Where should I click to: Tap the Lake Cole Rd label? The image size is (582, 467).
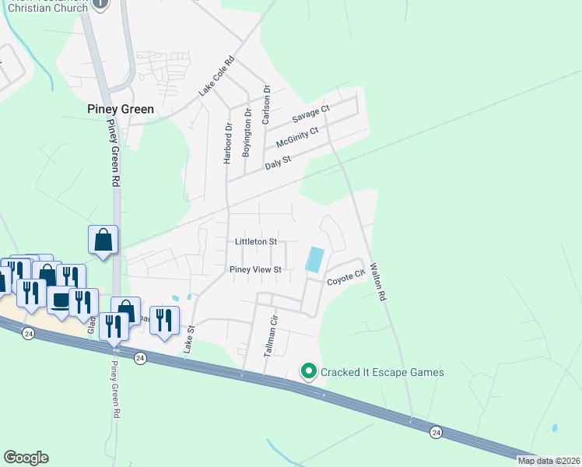pyautogui.click(x=206, y=76)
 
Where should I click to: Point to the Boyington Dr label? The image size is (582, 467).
pyautogui.click(x=247, y=133)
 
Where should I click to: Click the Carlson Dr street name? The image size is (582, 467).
pyautogui.click(x=266, y=105)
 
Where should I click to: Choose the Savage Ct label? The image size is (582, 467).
pyautogui.click(x=311, y=115)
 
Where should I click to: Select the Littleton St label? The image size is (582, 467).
pyautogui.click(x=256, y=242)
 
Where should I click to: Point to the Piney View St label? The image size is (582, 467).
pyautogui.click(x=254, y=269)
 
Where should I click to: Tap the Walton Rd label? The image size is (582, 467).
pyautogui.click(x=377, y=281)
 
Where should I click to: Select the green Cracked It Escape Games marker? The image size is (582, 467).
pyautogui.click(x=308, y=372)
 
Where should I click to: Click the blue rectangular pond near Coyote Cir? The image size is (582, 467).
pyautogui.click(x=315, y=259)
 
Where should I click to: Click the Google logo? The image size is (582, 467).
pyautogui.click(x=26, y=457)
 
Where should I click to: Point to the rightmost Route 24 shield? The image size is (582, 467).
pyautogui.click(x=436, y=431)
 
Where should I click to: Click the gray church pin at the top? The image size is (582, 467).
pyautogui.click(x=100, y=3)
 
